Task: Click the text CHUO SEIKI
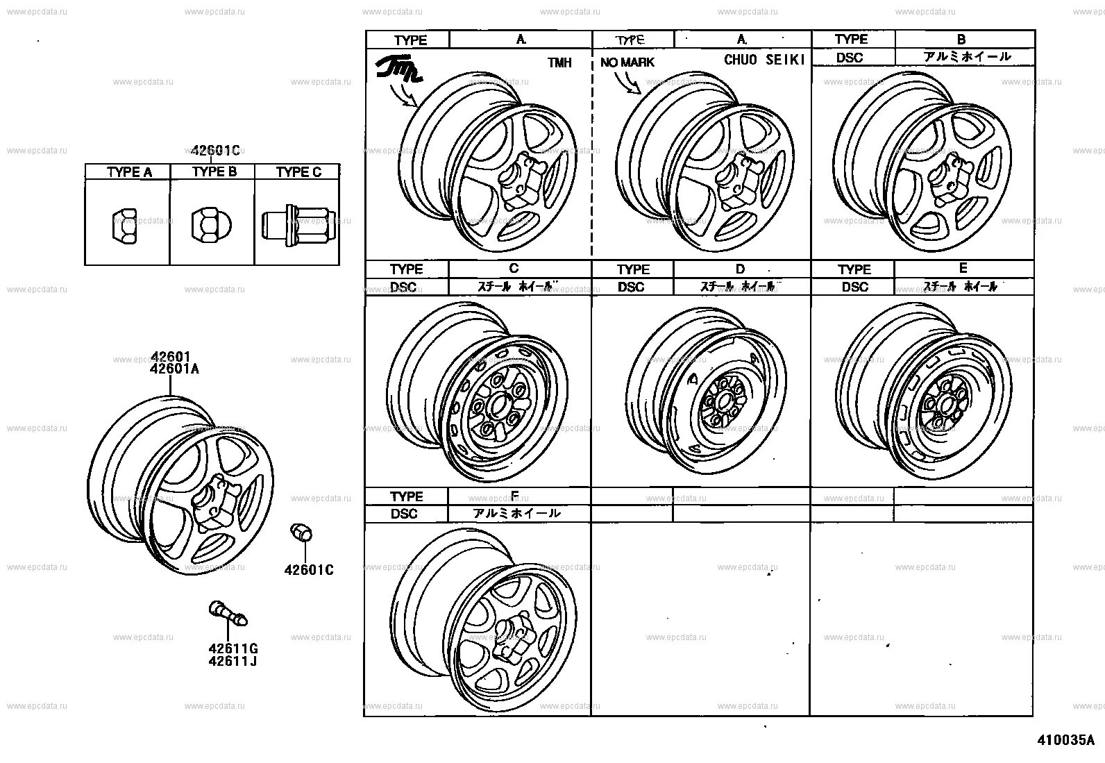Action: [764, 60]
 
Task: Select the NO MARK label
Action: [627, 62]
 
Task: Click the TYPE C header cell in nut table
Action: [298, 172]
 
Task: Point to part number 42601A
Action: [174, 369]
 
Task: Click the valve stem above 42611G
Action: [228, 613]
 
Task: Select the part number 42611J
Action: [233, 661]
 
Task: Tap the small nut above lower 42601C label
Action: [301, 533]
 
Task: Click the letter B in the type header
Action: [961, 40]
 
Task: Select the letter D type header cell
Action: [740, 269]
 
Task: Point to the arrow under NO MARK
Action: [629, 83]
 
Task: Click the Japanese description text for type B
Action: [966, 57]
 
